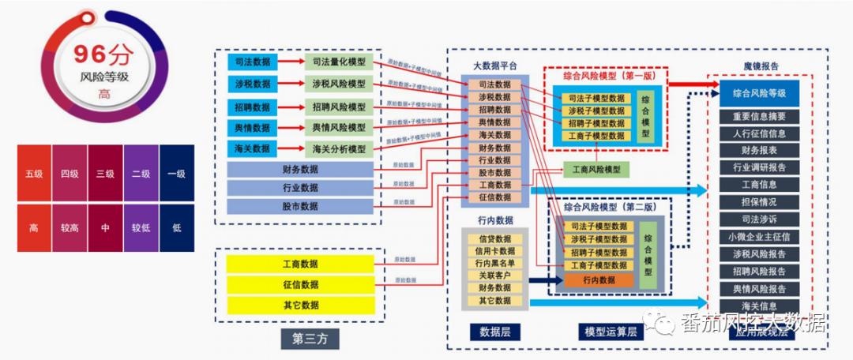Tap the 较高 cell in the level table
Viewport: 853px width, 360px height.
click(x=70, y=228)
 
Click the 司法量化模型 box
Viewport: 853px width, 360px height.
click(x=339, y=62)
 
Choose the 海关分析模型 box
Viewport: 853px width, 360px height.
click(x=339, y=148)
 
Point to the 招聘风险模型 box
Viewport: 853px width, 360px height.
click(x=339, y=106)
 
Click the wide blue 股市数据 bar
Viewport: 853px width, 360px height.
click(x=299, y=206)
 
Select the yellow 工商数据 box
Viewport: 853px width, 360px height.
click(x=299, y=263)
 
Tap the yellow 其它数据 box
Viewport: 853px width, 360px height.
click(x=299, y=305)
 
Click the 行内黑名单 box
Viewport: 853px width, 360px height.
click(x=494, y=264)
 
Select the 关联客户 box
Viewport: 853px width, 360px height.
click(x=494, y=276)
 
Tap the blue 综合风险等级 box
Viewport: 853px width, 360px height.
click(x=759, y=92)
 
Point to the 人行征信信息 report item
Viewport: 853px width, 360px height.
click(x=759, y=133)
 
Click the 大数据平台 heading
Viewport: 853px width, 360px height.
click(x=494, y=66)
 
